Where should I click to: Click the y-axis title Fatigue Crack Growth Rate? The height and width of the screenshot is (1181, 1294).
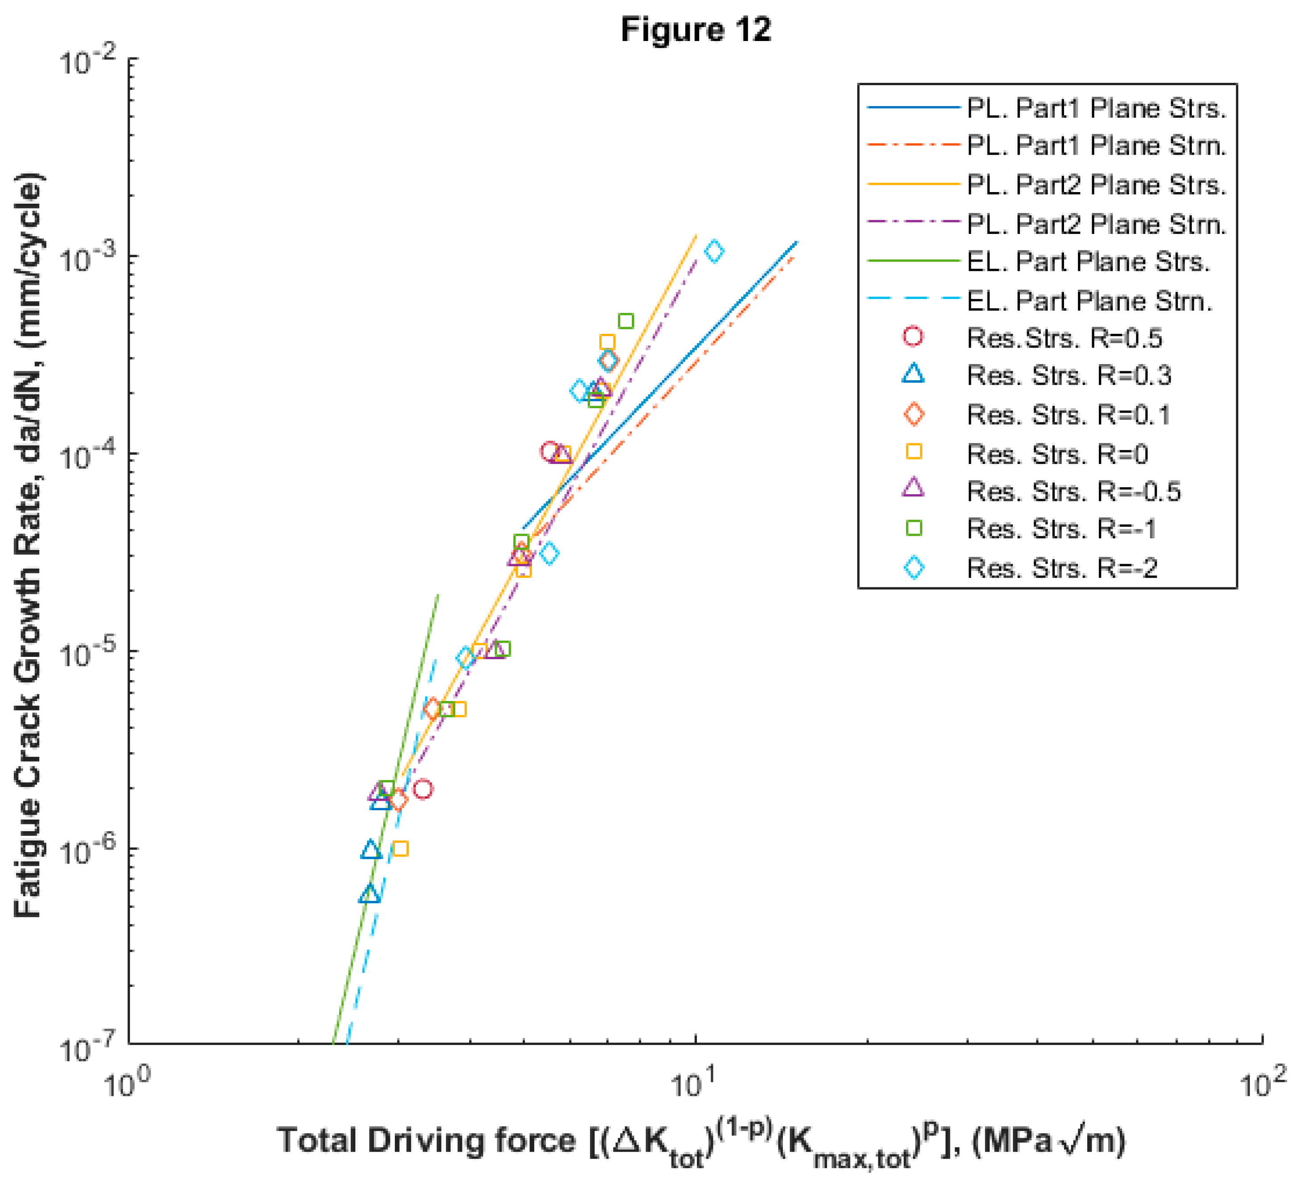click(29, 545)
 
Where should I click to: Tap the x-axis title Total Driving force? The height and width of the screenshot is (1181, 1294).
click(701, 1142)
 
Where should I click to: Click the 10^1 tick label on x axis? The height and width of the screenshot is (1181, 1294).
click(693, 1085)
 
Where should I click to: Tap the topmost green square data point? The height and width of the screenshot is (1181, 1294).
click(626, 321)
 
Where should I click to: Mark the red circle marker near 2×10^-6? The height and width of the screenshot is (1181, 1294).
click(422, 789)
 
